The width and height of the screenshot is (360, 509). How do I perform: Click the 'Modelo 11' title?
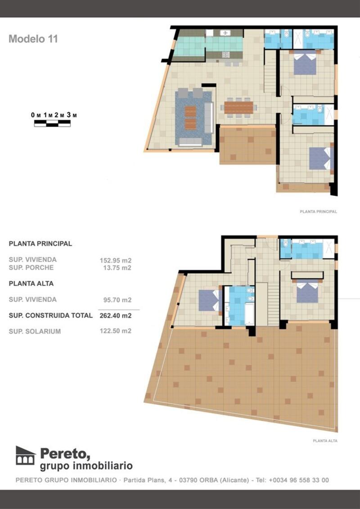pos(33,39)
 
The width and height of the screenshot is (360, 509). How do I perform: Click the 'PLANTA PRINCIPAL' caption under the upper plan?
pos(318,212)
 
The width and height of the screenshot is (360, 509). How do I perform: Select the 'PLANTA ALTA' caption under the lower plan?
pos(325,441)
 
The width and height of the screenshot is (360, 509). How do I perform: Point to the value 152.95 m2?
pos(115,260)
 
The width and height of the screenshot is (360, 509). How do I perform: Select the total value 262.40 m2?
pos(115,316)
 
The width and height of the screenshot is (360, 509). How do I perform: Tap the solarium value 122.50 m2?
pos(115,331)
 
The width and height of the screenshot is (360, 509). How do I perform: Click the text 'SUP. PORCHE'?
pos(31,268)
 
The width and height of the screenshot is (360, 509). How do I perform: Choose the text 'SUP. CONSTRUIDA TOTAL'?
pos(50,315)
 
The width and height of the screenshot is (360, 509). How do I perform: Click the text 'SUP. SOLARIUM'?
pos(35,332)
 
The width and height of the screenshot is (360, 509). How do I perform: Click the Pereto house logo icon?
pos(25,455)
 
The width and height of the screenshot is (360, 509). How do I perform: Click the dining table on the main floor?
pos(239,107)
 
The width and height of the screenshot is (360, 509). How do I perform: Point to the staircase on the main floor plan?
pos(270,77)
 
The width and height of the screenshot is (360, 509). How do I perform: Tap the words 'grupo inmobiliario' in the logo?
pos(86,465)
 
